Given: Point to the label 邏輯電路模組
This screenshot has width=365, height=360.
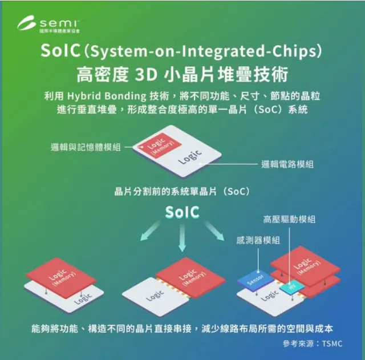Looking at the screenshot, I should (287, 164).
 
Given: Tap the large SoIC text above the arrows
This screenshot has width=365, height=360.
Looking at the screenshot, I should (182, 212).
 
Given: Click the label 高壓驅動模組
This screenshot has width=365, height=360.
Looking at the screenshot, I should (289, 219).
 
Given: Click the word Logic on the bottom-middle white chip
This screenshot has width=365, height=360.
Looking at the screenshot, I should (155, 296).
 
